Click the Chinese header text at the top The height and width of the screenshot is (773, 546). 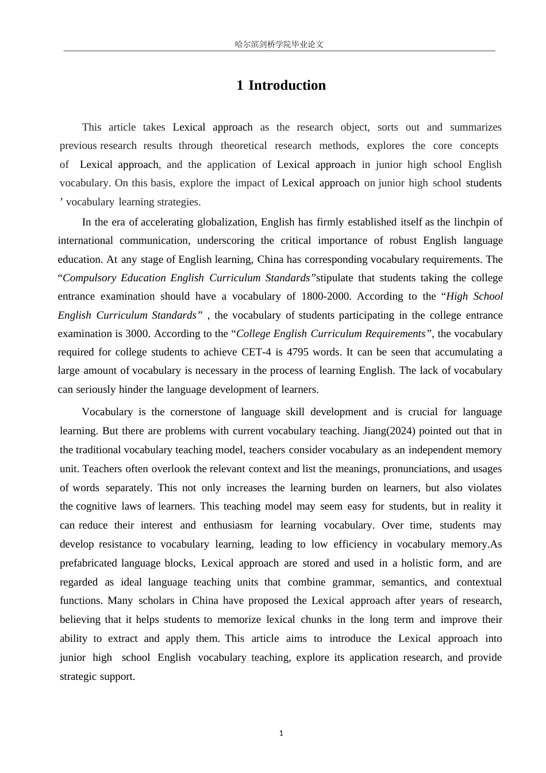[279, 44]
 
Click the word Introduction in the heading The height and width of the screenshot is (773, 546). [287, 85]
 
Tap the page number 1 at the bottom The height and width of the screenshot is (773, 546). [281, 733]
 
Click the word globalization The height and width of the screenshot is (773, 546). [227, 222]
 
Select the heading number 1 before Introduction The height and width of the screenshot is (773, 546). [240, 85]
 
